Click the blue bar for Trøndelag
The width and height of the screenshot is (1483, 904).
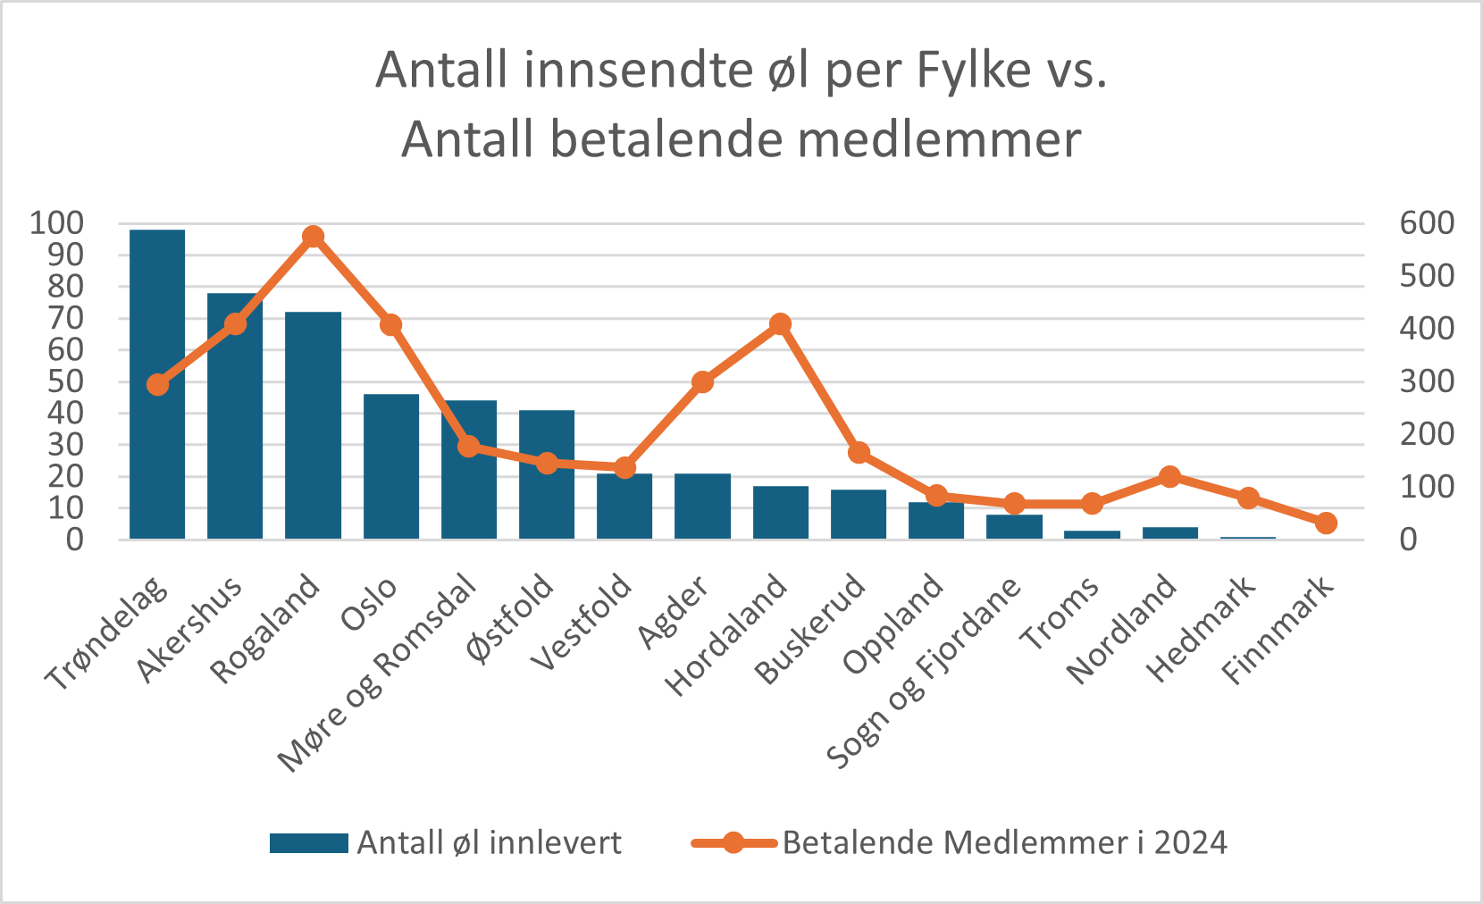[x=157, y=384]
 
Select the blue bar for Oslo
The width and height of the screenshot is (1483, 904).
[x=391, y=466]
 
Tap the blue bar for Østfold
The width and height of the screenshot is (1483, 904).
[x=547, y=474]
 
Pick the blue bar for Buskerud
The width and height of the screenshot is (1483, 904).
[x=859, y=515]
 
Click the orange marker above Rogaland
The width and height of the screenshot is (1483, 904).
[x=313, y=237]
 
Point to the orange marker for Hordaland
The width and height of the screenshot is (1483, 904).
[x=780, y=323]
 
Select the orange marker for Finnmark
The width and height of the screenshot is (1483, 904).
[x=1326, y=523]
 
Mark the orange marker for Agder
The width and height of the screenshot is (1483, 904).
[x=702, y=382]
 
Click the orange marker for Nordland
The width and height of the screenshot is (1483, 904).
[x=1170, y=477]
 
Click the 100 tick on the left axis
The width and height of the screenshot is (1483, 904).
[x=56, y=223]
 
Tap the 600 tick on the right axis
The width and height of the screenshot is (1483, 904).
[x=1427, y=223]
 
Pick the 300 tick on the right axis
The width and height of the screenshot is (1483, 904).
[x=1427, y=381]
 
